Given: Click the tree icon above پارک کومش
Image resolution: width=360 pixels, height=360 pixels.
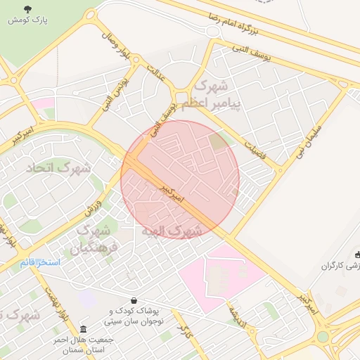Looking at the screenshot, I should pos(28,9).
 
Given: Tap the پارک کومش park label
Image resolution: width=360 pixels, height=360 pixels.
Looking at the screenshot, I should pos(28,20).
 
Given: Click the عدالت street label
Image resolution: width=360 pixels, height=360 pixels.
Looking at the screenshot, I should pos(156,73).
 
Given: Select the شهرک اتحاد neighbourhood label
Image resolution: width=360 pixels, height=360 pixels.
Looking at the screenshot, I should pos(59,169).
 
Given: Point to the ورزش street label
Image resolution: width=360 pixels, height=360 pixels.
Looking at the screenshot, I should pos(94,206).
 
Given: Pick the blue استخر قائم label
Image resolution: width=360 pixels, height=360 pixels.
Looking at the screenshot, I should pos(40,262).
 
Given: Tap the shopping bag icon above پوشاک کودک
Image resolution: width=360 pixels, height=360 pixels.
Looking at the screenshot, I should pos(134,301).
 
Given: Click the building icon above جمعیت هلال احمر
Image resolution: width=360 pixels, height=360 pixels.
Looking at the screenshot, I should pos(84,329).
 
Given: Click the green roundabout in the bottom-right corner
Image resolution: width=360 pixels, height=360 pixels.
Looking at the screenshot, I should pos(323,336).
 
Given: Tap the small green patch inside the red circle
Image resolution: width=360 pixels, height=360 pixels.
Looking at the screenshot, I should pos(219,141).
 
